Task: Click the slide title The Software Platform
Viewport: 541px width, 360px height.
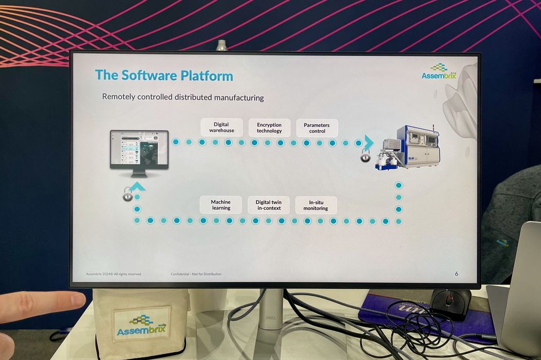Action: tap(164, 76)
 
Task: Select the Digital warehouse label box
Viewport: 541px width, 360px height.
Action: tap(222, 128)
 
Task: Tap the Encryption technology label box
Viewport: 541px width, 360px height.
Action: tap(269, 128)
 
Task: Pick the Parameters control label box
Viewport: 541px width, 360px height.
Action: tap(317, 128)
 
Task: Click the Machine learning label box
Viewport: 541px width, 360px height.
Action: tap(221, 205)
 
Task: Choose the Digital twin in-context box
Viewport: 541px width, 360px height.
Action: tap(268, 205)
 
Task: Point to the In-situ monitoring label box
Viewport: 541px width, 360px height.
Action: tap(316, 205)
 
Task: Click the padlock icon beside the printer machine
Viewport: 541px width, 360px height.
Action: tap(365, 156)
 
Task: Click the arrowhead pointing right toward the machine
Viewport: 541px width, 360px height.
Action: tap(369, 142)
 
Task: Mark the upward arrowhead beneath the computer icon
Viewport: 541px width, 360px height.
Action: tap(137, 187)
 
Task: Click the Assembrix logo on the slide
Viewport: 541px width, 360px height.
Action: tap(439, 72)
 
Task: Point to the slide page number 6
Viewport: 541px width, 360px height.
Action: tap(456, 274)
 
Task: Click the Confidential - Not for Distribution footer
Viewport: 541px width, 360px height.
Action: tap(196, 274)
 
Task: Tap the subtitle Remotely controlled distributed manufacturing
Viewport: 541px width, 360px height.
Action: tap(183, 97)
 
